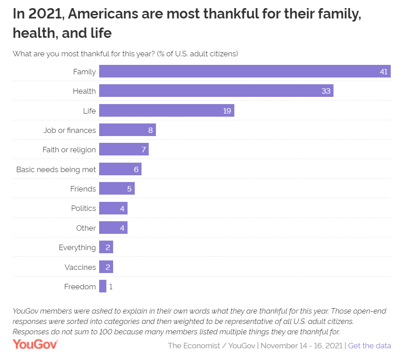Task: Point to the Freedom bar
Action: (103, 287)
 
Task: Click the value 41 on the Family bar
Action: (384, 72)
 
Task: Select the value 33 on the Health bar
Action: (326, 91)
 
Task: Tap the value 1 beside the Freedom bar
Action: (111, 287)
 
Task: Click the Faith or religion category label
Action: (69, 150)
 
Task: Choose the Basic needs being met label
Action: (56, 169)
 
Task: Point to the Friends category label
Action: (83, 189)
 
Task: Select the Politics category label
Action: (83, 208)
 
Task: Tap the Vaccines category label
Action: (80, 267)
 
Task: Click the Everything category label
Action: (77, 247)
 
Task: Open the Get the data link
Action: (370, 346)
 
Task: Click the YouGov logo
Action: (35, 345)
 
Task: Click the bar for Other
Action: (113, 228)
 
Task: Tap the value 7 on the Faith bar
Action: (144, 150)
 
